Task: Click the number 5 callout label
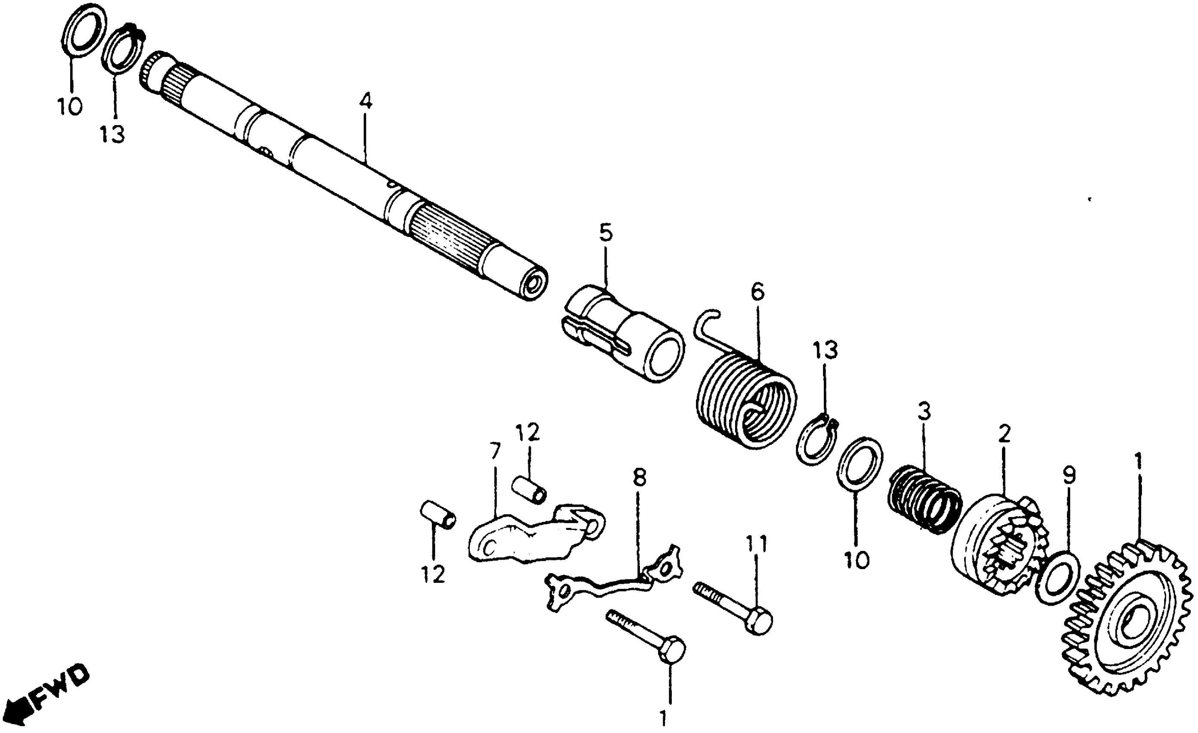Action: click(x=606, y=234)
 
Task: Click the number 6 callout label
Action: click(x=757, y=292)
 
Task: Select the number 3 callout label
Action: click(x=924, y=412)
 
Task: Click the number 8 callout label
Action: click(x=640, y=479)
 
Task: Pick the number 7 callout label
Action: click(x=495, y=452)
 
